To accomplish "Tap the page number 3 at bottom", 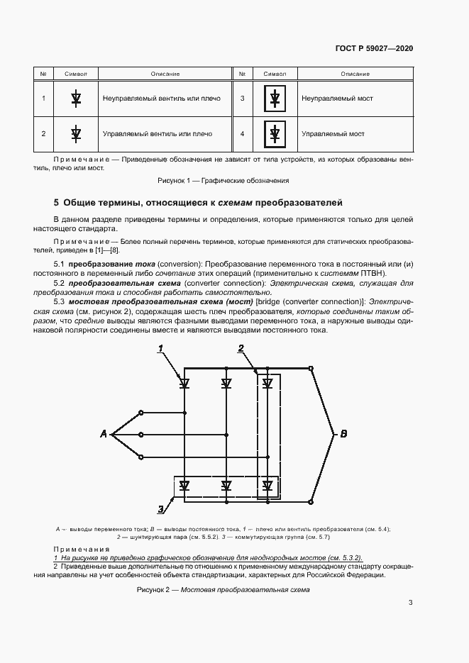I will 411,603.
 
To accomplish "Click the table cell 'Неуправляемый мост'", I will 337,99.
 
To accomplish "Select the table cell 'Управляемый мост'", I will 333,133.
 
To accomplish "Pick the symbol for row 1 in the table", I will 76,99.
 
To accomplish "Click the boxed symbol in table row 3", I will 275,99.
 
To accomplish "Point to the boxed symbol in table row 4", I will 275,133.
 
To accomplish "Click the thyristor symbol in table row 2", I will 76,133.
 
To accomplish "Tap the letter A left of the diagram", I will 104,434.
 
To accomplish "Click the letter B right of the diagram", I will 344,434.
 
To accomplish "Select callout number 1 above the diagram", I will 161,348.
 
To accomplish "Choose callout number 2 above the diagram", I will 241,348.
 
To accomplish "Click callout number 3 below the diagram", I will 161,508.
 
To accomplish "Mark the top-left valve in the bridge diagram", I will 185,384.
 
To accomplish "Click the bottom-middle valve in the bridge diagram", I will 226,486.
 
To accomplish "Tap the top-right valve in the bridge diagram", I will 267,384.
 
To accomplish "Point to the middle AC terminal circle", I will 141,435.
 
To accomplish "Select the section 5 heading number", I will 56,202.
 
